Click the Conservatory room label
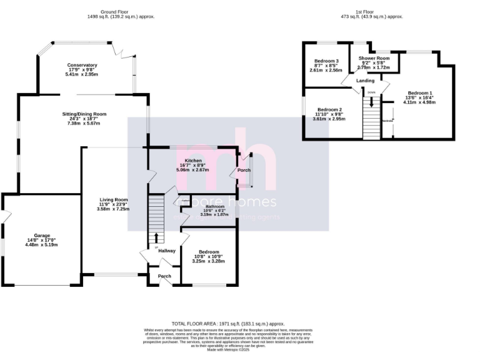tap(82, 65)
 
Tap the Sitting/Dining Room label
tap(84, 114)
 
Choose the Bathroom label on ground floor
tap(215, 206)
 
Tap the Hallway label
tap(167, 251)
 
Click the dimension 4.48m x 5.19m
tap(41, 245)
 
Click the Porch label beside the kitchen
tap(243, 170)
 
